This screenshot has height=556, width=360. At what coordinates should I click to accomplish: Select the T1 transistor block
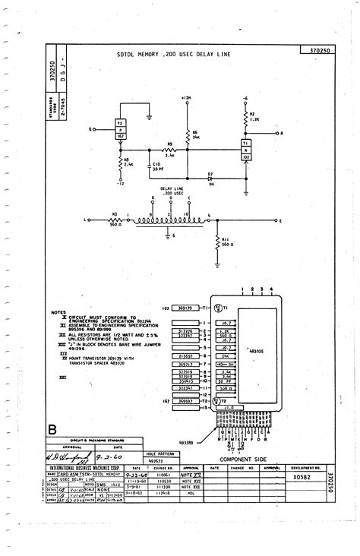pyautogui.click(x=246, y=145)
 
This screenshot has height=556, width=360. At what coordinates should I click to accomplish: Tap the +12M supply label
pyautogui.click(x=187, y=98)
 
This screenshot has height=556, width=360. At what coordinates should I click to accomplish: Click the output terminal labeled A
pyautogui.click(x=282, y=132)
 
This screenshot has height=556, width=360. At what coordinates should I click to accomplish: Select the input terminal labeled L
pyautogui.click(x=84, y=220)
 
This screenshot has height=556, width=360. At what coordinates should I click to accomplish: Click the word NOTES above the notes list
pyautogui.click(x=58, y=311)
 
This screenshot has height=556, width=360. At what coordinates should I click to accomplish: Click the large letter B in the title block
pyautogui.click(x=52, y=431)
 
